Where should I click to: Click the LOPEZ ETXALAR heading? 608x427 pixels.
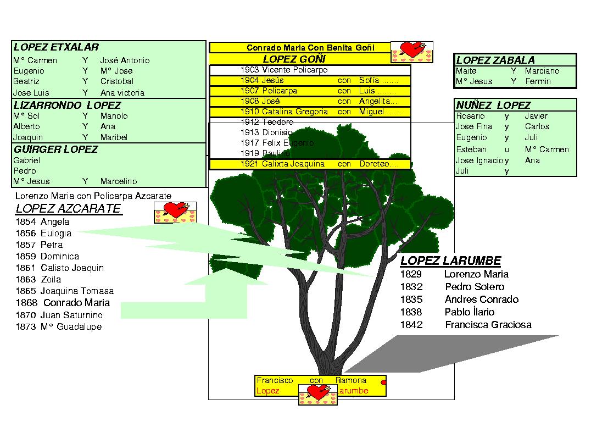point(56,48)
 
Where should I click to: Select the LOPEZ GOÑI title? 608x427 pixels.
point(294,59)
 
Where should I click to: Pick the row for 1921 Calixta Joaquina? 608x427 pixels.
point(310,164)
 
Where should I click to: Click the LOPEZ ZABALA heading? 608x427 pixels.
point(495,60)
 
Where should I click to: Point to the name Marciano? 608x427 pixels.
point(542,71)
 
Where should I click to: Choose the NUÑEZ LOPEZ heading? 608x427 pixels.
point(493,105)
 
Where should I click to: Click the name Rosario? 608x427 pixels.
point(470,116)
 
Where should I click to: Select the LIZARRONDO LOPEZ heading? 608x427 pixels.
point(67,105)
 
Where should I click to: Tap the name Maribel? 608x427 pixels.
point(114,137)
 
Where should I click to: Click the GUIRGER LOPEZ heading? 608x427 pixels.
point(55,149)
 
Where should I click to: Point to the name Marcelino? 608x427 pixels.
point(119,181)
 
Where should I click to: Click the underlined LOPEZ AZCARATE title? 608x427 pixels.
point(68,209)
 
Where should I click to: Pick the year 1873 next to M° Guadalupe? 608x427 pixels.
point(26,327)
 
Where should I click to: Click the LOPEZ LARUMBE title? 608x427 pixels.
point(450,261)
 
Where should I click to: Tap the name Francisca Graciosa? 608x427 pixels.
point(488,325)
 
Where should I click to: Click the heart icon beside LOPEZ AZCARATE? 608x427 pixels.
point(175,212)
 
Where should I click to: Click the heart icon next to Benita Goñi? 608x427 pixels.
point(411,52)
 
